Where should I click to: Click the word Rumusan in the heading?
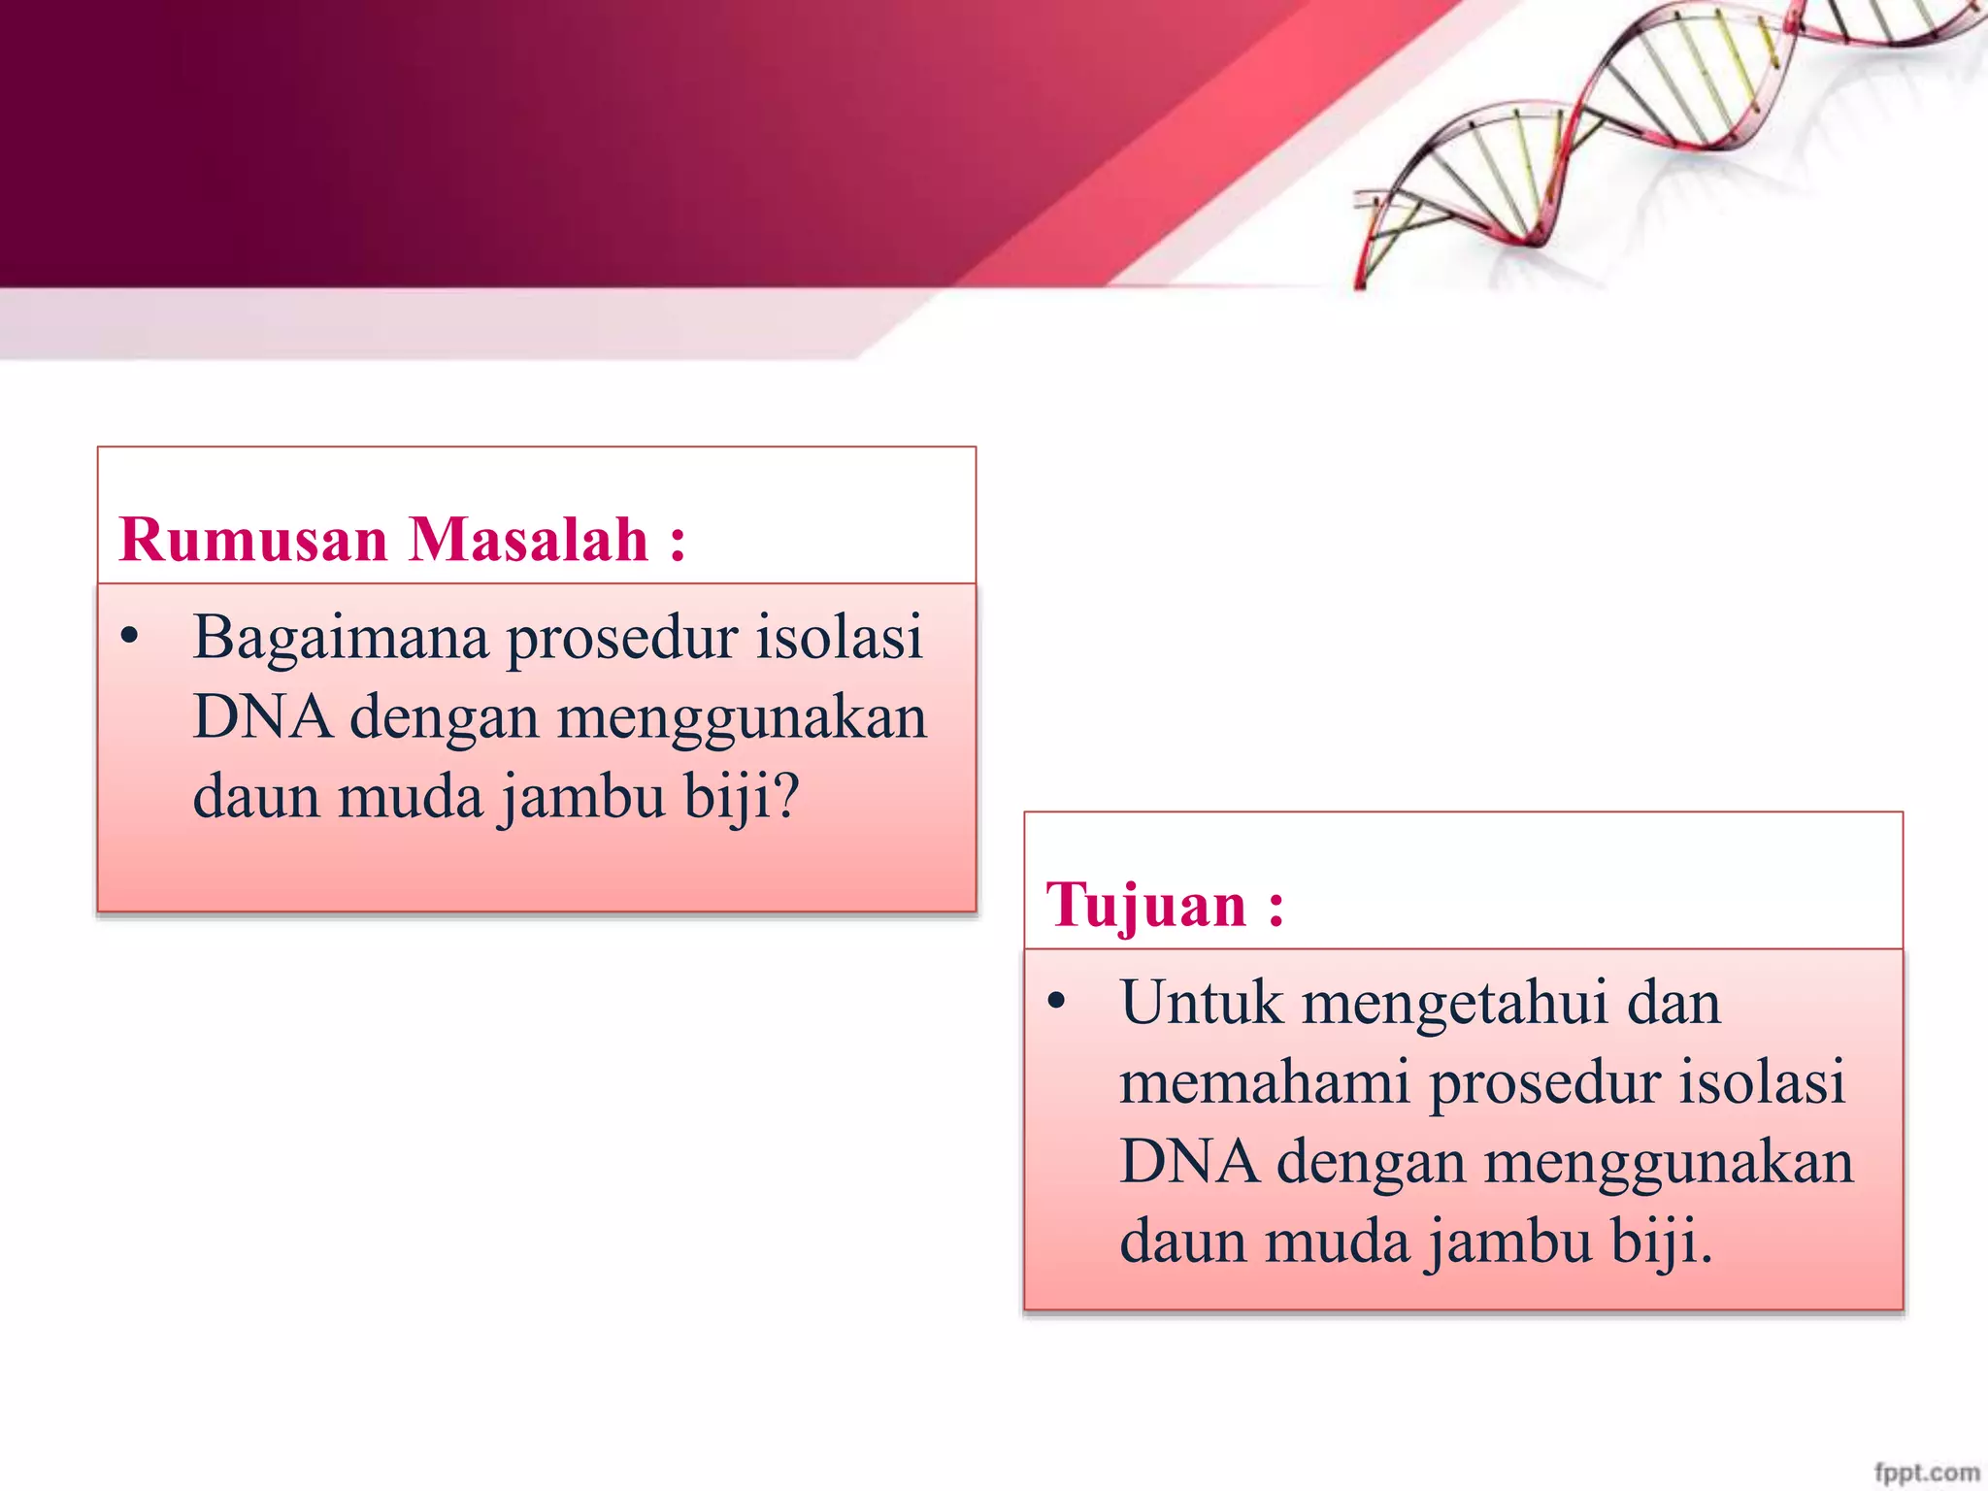tap(252, 540)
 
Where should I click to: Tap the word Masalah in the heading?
tap(528, 540)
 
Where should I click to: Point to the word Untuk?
tap(1201, 1004)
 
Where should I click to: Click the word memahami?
tap(1264, 1083)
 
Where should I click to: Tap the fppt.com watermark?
tap(1927, 1472)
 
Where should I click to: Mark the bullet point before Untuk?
tap(1057, 1002)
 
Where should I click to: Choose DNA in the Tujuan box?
tap(1189, 1163)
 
